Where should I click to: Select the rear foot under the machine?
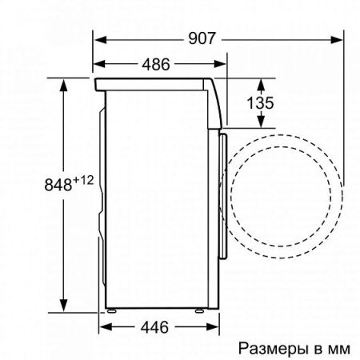tap(112, 309)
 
